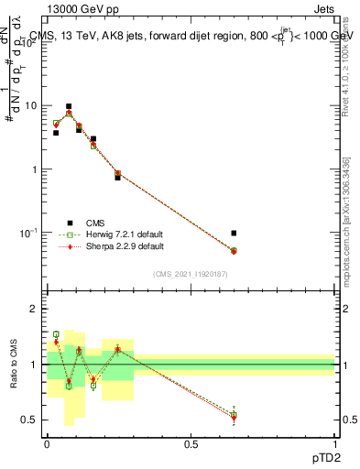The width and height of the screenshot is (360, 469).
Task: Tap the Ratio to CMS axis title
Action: point(13,365)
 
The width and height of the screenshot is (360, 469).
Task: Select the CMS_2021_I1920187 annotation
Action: point(190,274)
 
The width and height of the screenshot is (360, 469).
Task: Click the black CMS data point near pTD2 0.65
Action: point(234,234)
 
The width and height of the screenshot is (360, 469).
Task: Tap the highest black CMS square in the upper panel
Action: point(68,106)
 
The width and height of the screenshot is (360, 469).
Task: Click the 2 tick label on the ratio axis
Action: point(35,310)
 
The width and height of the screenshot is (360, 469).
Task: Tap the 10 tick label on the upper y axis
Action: point(32,106)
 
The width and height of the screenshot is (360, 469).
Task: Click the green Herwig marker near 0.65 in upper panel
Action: point(234,251)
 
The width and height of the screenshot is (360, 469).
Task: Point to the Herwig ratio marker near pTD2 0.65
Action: point(234,415)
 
